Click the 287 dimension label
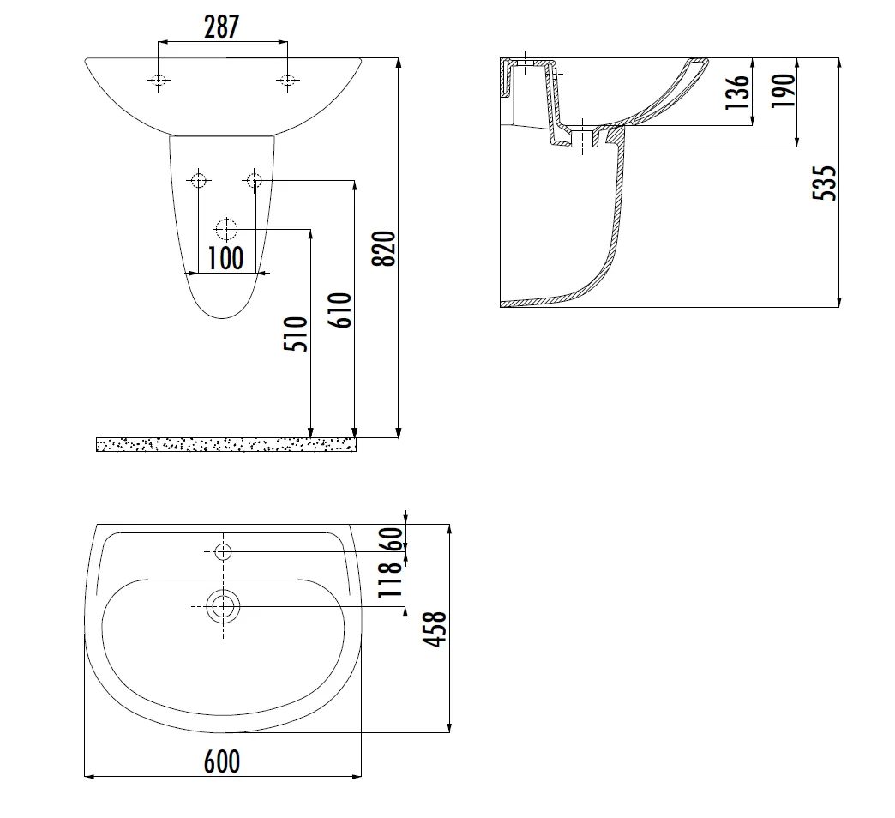pos(221,27)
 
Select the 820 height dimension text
pos(383,249)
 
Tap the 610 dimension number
pos(340,310)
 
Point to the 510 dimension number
pos(296,334)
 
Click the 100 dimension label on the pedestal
pos(225,258)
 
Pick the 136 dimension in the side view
pos(737,92)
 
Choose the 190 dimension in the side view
pos(784,91)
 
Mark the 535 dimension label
pos(824,183)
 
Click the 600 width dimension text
pos(222,761)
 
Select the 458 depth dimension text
pos(435,629)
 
